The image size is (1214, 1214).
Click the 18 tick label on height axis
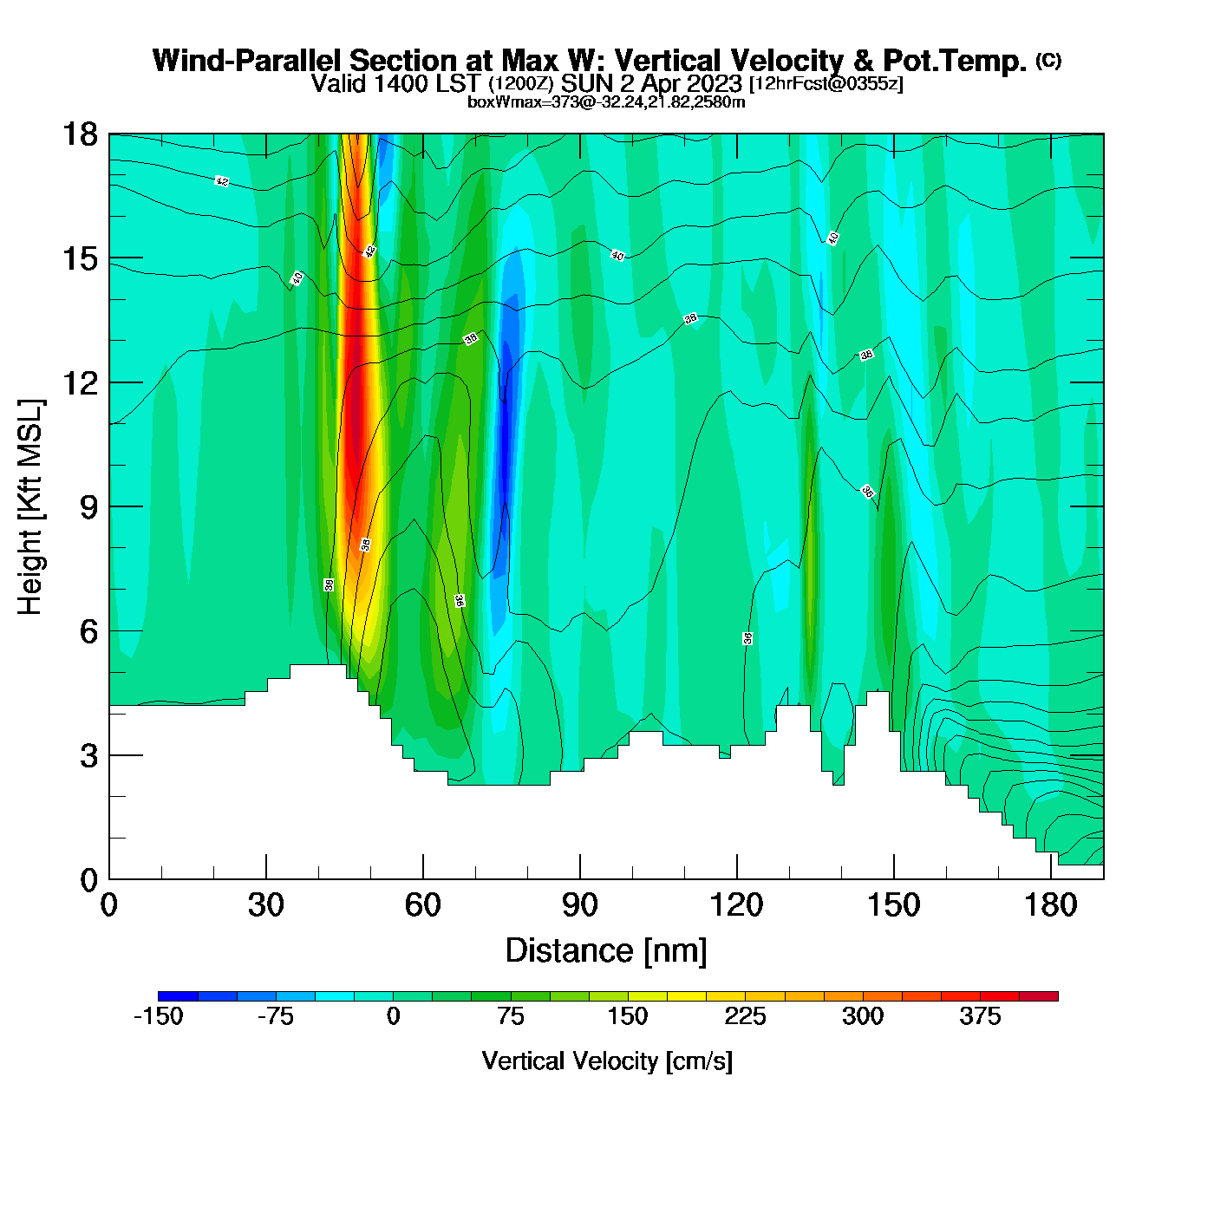[x=79, y=134]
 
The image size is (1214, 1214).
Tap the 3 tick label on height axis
[x=88, y=755]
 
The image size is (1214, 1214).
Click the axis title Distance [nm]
[x=606, y=951]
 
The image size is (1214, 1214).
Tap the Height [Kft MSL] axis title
[x=30, y=507]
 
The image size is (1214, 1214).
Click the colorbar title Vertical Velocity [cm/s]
[x=607, y=1061]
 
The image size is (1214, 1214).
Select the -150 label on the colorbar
[x=159, y=1016]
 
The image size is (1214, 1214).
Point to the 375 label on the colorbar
[x=980, y=1016]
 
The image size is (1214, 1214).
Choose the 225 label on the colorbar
[x=745, y=1016]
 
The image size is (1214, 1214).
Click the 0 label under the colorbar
[x=393, y=1016]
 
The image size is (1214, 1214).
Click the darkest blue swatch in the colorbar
[x=178, y=996]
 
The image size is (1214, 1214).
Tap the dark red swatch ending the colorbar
[x=1038, y=996]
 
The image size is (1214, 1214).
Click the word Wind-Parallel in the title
[x=249, y=61]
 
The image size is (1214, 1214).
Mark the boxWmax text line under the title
[x=606, y=101]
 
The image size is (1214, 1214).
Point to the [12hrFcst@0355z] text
[x=826, y=83]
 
